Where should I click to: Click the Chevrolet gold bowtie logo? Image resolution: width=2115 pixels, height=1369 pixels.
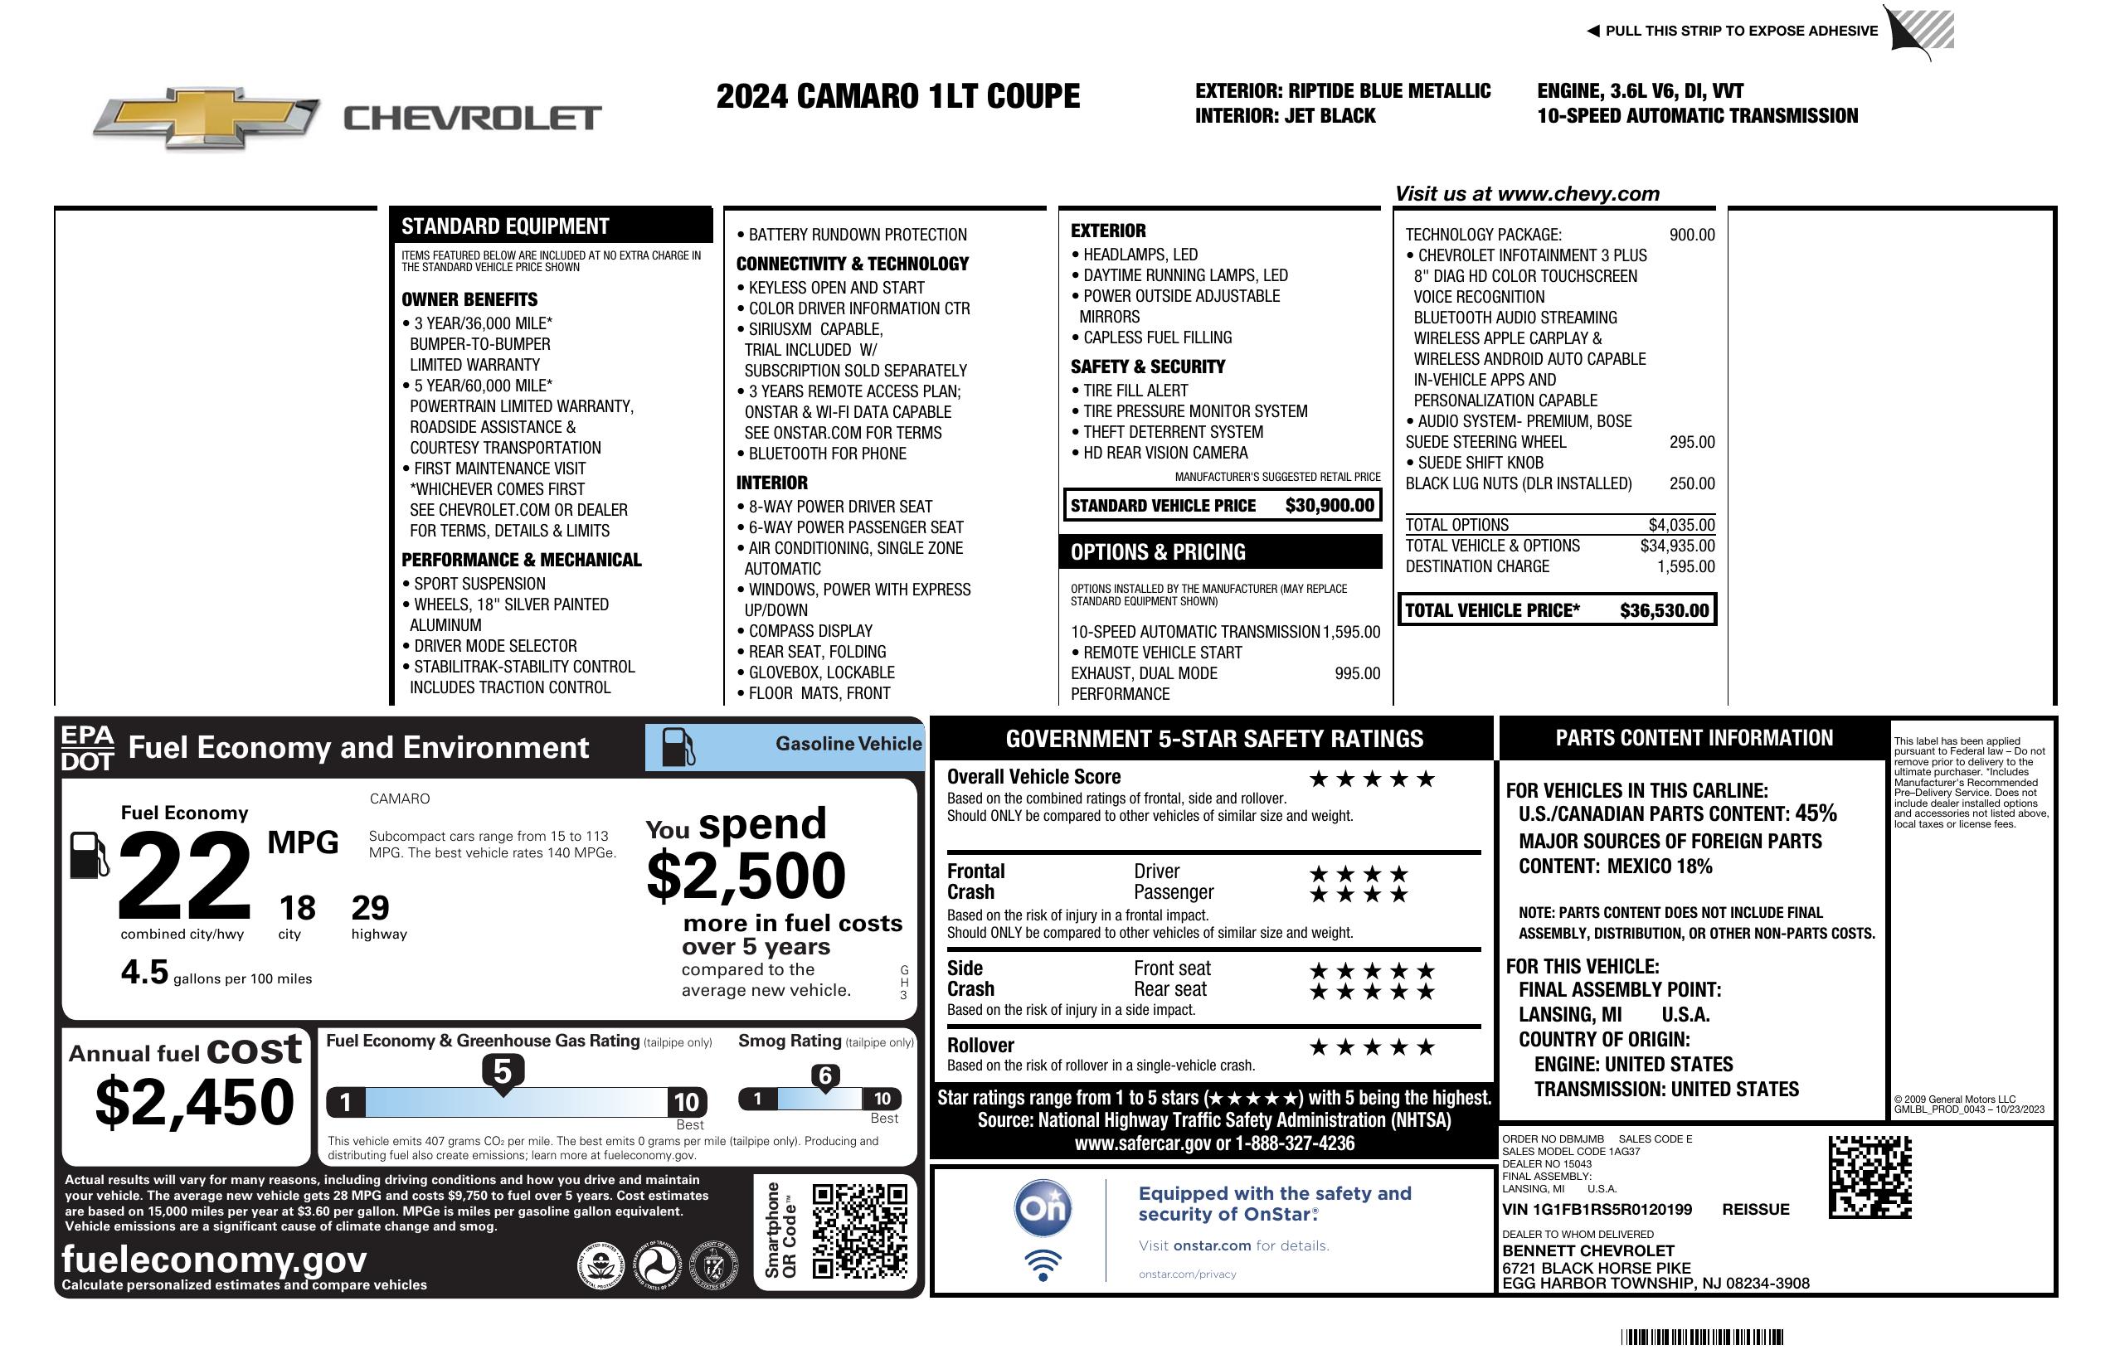tap(207, 117)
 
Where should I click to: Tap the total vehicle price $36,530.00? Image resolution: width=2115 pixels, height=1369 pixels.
tap(1664, 610)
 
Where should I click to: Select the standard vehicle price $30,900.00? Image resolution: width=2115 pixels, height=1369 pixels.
tap(1330, 506)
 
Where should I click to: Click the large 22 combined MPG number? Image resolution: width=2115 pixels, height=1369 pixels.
tap(185, 875)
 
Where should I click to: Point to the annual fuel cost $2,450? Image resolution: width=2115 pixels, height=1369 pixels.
tap(194, 1102)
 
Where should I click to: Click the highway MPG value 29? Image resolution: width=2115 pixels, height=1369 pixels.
tap(370, 908)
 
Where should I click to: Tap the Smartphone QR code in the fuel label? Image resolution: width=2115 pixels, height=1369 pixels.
tap(859, 1230)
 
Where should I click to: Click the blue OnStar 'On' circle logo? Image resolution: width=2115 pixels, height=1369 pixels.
tap(1043, 1208)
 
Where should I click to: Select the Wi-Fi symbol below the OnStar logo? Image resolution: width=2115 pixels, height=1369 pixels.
tap(1043, 1265)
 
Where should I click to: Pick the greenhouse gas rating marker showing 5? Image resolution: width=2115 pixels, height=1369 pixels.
tap(502, 1072)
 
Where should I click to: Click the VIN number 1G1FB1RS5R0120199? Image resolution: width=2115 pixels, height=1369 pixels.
tap(1597, 1209)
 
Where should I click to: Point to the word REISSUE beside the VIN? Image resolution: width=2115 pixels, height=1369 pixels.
tap(1755, 1209)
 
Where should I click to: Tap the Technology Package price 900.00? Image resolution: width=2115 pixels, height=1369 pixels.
tap(1691, 235)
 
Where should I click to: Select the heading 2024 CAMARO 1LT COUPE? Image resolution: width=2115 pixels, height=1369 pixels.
tap(897, 96)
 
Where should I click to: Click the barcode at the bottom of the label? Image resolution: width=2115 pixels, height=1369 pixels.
tap(1702, 1337)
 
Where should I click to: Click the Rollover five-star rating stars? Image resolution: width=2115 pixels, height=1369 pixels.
tap(1372, 1047)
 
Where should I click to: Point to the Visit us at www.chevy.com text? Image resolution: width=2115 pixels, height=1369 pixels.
tap(1527, 194)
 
